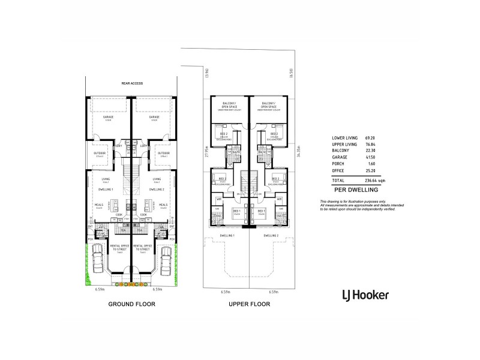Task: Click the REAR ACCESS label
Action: point(132,83)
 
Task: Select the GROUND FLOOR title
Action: point(131,304)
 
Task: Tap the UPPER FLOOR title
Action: point(249,304)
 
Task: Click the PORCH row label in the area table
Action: point(338,164)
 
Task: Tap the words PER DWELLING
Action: point(353,189)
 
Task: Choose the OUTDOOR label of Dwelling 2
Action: point(163,153)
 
